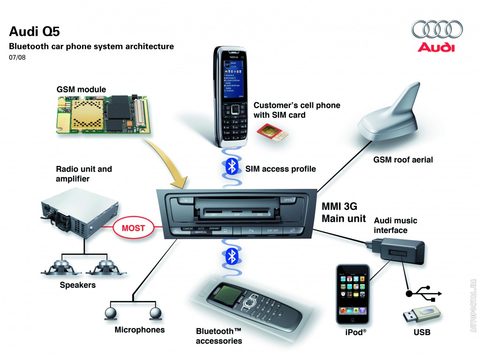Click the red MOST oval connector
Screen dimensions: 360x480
(x=133, y=229)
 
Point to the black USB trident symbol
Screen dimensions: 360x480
(x=423, y=293)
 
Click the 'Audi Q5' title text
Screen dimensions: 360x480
(x=34, y=31)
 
